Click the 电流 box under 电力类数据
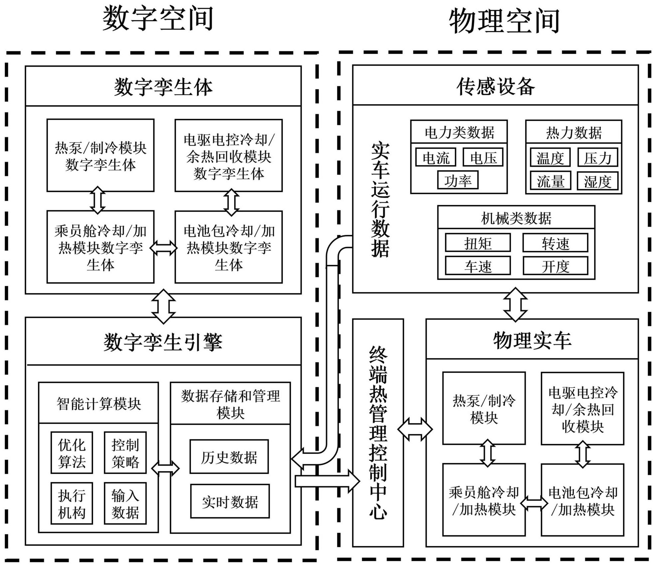coord(436,157)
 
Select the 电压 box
coord(483,157)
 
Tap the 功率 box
coord(458,180)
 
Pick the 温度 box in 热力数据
coord(550,158)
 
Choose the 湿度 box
coord(597,181)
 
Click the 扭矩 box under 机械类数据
coord(478,243)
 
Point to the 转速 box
coord(555,243)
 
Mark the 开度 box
coord(555,266)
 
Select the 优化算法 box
coord(72,453)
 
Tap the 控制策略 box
coord(125,453)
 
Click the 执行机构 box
coord(72,503)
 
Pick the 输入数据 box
coord(125,503)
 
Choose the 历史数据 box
coord(229,457)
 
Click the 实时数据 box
coord(230,501)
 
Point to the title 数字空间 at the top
coord(157,19)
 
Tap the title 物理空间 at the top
coord(504,21)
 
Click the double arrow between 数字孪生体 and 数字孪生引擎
coord(163,306)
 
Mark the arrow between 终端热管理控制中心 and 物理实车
coord(415,429)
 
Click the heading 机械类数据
coord(516,218)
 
